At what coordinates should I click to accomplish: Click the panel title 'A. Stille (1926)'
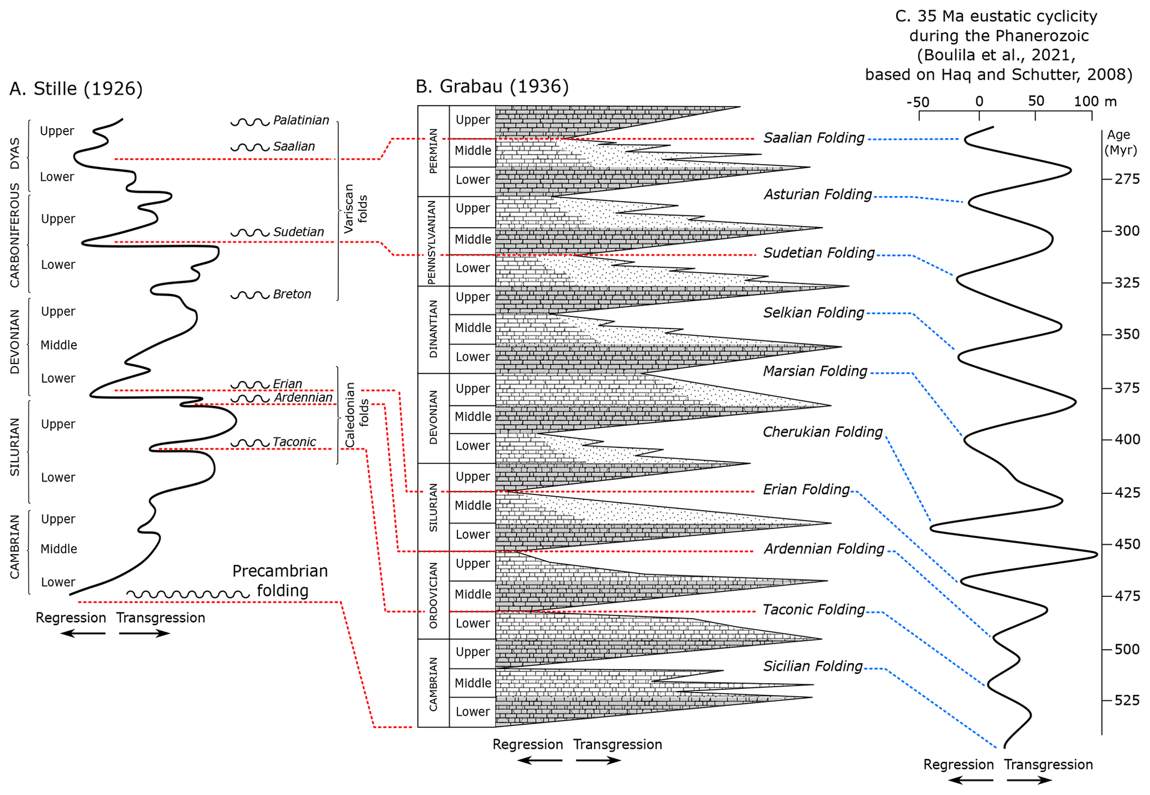[x=76, y=89]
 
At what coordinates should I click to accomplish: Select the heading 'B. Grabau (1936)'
[x=492, y=86]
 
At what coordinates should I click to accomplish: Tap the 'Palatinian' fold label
[x=300, y=120]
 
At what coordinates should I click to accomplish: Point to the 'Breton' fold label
[x=292, y=294]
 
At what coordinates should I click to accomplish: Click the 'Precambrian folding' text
[x=280, y=580]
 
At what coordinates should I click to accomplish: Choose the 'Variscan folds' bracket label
[x=356, y=209]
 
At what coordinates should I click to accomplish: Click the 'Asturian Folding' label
[x=817, y=194]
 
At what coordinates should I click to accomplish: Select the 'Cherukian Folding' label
[x=822, y=432]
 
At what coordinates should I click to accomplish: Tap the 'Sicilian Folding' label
[x=812, y=666]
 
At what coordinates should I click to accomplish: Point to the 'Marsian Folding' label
[x=815, y=371]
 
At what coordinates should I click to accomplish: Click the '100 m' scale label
[x=1095, y=101]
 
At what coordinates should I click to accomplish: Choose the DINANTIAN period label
[x=433, y=329]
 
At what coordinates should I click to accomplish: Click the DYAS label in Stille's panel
[x=15, y=153]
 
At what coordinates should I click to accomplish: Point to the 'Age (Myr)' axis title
[x=1118, y=142]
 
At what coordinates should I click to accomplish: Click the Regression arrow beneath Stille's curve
[x=83, y=633]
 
